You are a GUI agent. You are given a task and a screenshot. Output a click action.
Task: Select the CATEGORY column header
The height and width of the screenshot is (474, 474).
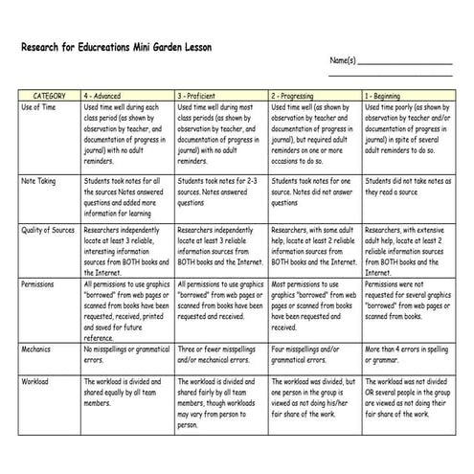[x=49, y=97]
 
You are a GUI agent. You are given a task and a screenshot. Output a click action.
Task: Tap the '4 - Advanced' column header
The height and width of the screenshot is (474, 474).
[x=102, y=97]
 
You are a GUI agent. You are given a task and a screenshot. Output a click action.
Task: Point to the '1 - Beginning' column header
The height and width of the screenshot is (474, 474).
[x=384, y=97]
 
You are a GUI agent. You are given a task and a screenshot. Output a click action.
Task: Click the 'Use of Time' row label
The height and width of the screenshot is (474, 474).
[x=41, y=109]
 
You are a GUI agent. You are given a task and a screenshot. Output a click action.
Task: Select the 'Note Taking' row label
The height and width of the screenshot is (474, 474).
[x=39, y=181]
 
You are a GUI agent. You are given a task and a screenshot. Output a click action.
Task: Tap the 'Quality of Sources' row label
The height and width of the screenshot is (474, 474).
[x=49, y=231]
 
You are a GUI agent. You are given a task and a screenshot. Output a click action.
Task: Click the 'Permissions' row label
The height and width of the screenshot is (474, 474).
[x=39, y=284]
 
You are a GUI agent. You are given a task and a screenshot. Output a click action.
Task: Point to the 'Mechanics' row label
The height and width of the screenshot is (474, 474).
[x=37, y=350]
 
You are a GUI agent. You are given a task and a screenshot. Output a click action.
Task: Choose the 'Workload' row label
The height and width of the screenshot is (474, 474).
[x=36, y=380]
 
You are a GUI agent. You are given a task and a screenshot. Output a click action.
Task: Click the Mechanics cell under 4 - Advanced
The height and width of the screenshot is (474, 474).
[x=124, y=354]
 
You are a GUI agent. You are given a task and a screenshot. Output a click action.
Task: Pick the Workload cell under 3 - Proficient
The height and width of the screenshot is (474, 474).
[x=218, y=402]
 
